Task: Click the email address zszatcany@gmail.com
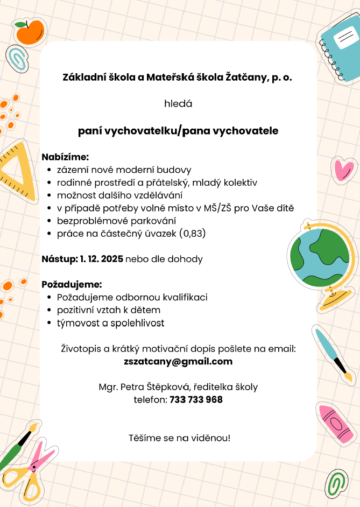pos(178,361)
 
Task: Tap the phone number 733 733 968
pos(196,400)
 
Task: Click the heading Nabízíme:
pos(65,157)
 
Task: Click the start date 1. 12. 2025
pos(101,259)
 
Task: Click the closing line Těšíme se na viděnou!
pos(179,438)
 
